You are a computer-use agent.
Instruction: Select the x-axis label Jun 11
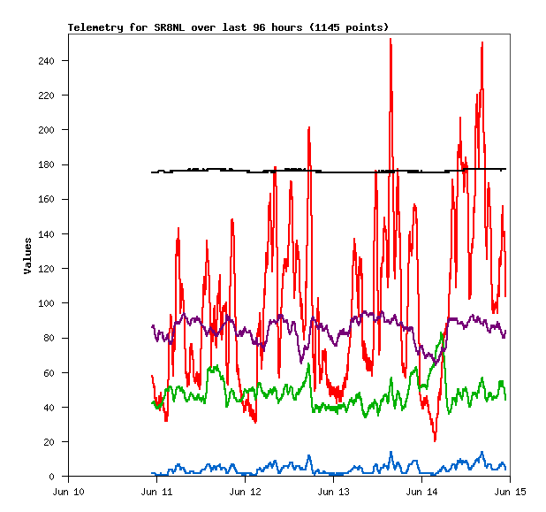[156, 492]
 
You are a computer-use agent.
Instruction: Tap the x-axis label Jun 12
[245, 492]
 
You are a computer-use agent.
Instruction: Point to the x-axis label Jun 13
[333, 492]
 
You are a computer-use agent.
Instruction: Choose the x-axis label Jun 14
[421, 492]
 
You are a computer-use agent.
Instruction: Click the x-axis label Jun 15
[510, 492]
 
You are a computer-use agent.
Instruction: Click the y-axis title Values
[27, 255]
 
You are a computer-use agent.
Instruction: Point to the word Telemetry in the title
[96, 27]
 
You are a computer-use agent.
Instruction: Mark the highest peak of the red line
[391, 39]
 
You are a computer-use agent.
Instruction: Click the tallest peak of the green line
[442, 333]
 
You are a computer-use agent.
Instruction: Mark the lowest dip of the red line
[435, 439]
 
